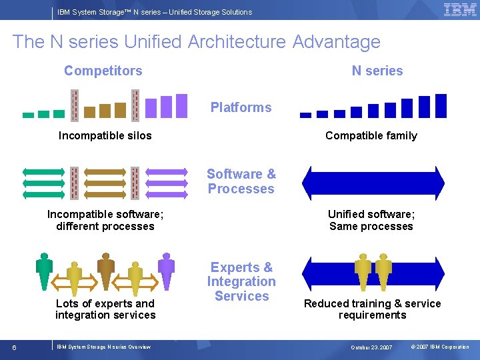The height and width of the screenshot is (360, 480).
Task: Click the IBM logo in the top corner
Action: (459, 9)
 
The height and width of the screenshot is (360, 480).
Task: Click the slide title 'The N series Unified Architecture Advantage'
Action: (196, 42)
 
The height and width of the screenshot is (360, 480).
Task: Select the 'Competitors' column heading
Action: (103, 71)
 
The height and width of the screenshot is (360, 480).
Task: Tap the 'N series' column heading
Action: (377, 71)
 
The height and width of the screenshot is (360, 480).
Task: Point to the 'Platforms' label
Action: (241, 107)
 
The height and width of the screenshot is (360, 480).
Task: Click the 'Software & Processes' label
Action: (241, 181)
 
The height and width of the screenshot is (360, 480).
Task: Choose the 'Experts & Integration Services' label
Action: (241, 281)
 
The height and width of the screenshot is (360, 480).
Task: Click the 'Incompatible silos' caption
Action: (105, 136)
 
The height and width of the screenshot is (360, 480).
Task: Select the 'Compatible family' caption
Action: (371, 136)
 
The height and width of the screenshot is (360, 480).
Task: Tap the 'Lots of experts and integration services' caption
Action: (105, 309)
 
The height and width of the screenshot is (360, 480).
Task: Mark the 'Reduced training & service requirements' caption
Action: (372, 309)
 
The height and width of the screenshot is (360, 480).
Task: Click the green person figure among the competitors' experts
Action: (45, 271)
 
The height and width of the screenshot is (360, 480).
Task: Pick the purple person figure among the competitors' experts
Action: (166, 271)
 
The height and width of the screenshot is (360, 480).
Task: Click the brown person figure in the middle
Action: (106, 271)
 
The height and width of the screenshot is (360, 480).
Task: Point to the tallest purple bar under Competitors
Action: (181, 105)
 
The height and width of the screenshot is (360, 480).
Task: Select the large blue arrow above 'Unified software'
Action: (373, 183)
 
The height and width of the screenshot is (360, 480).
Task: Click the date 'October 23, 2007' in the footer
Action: (371, 347)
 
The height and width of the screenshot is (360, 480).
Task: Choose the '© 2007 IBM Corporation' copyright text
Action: (439, 347)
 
